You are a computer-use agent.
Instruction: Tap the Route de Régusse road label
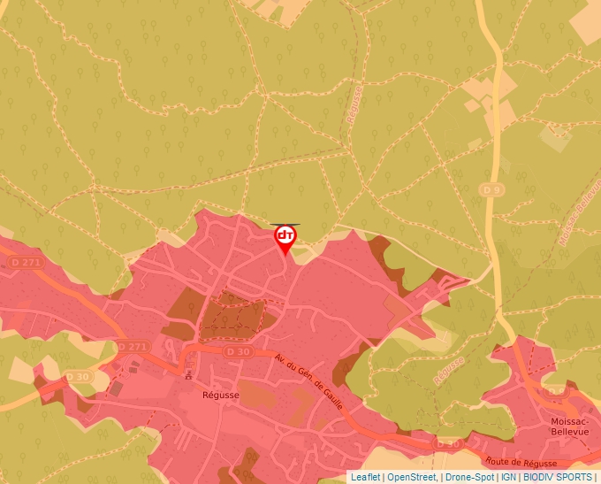tap(521, 462)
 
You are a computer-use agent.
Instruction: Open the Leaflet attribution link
tap(365, 477)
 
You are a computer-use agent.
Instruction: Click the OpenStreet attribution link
tap(412, 477)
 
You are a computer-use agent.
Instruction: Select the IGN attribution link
tap(508, 477)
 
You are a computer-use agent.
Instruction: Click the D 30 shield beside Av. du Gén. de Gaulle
tap(238, 352)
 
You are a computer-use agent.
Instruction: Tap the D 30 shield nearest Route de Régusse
tap(448, 442)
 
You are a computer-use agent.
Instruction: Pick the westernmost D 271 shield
tap(27, 263)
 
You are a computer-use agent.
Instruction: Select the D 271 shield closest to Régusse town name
tap(132, 346)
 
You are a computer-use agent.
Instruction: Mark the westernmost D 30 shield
tap(77, 378)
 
